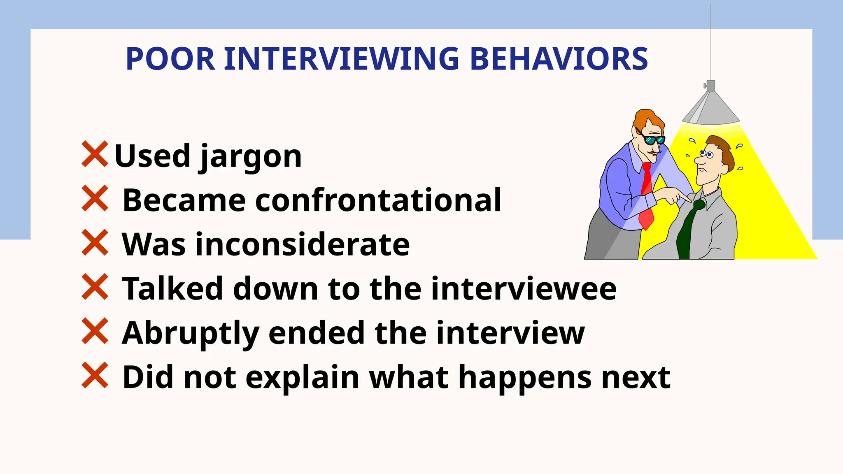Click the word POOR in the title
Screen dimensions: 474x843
(170, 59)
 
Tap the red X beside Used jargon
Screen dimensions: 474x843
(95, 154)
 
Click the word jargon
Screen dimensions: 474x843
(251, 157)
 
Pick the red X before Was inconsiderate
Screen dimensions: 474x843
(95, 243)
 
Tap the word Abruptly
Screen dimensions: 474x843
(191, 333)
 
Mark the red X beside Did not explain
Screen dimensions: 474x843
(95, 375)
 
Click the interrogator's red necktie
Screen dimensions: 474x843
(646, 193)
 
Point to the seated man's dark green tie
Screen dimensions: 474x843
(688, 230)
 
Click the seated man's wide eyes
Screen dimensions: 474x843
(706, 154)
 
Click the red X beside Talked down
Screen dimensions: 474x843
(95, 287)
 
